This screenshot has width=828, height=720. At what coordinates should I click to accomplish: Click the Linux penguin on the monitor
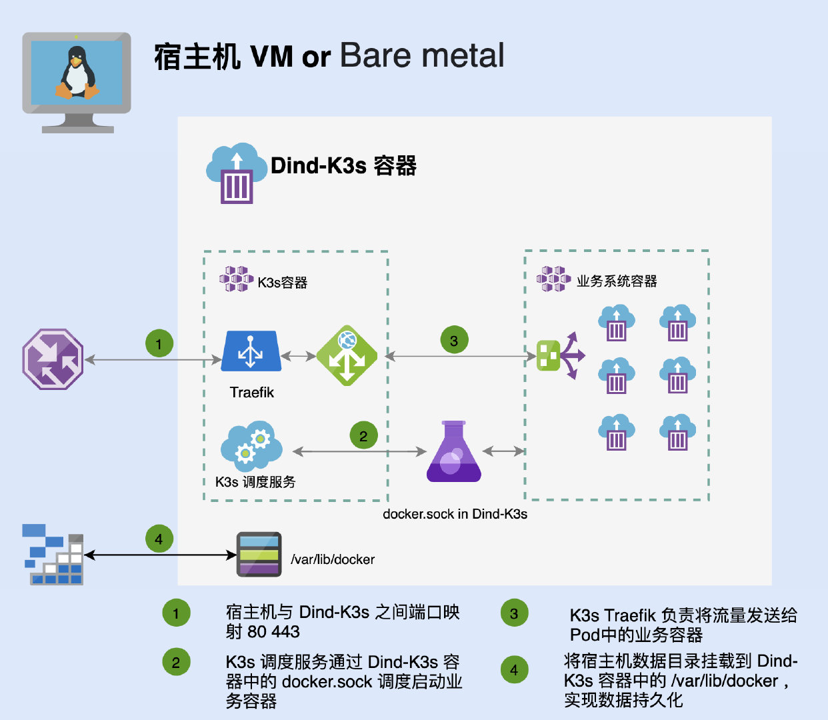(x=77, y=72)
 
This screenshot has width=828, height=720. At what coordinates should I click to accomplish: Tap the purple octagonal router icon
(x=53, y=359)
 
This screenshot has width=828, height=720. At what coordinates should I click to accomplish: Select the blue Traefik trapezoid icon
(x=251, y=351)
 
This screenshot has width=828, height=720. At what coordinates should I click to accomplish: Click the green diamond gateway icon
(x=347, y=355)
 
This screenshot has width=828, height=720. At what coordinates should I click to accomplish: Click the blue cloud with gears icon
(x=251, y=446)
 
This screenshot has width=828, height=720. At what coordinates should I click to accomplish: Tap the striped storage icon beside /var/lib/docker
(x=259, y=554)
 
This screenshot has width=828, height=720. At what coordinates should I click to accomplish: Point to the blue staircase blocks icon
(x=53, y=554)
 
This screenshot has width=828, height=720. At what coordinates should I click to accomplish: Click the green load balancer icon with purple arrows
(x=561, y=356)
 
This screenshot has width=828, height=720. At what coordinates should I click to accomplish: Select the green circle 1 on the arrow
(x=159, y=343)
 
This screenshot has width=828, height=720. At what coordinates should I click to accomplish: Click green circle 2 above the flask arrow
(x=363, y=435)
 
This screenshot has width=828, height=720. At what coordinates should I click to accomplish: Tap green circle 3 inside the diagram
(x=454, y=339)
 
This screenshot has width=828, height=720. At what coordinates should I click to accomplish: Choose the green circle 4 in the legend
(x=514, y=669)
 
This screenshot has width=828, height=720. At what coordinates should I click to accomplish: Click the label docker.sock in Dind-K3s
(x=455, y=514)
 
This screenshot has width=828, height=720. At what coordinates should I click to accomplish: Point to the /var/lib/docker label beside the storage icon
(x=333, y=559)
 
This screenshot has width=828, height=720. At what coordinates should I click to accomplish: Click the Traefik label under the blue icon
(x=252, y=392)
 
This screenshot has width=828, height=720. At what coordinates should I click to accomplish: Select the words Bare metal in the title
(x=422, y=55)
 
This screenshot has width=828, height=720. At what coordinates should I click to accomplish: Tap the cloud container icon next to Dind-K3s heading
(x=237, y=173)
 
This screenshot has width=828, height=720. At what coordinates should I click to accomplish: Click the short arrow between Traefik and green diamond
(x=298, y=356)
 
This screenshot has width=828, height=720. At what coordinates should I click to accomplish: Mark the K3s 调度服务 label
(x=255, y=482)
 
